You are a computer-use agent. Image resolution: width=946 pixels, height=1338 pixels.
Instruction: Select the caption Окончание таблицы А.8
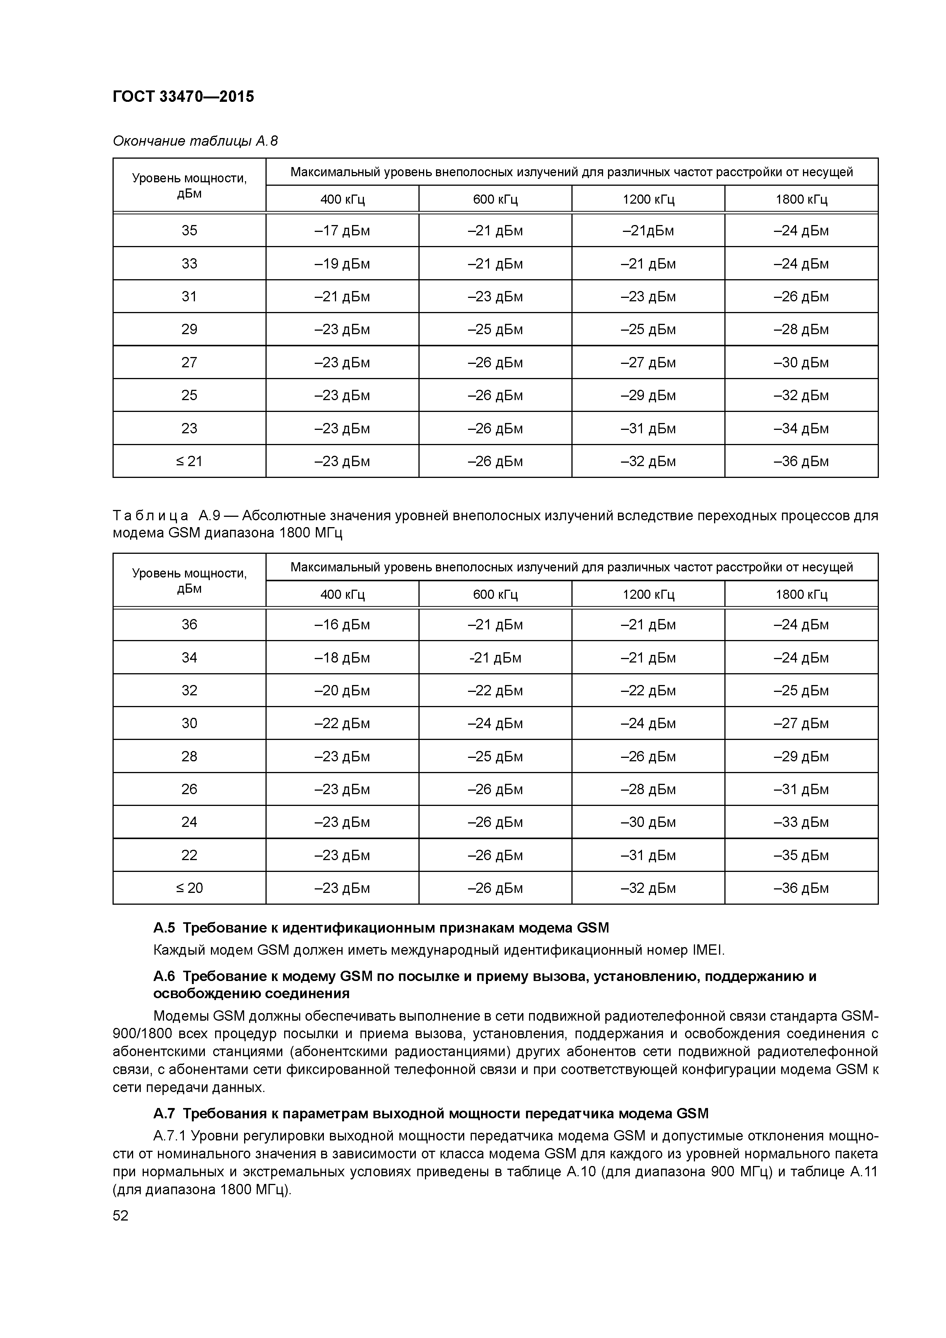click(195, 141)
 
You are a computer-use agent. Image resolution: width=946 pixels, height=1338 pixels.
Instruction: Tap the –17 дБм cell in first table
click(342, 231)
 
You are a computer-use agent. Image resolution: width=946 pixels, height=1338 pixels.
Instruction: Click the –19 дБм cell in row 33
click(342, 264)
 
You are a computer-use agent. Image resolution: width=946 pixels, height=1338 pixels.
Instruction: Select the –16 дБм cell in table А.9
click(342, 625)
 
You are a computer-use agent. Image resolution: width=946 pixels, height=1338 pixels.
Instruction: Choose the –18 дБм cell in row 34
click(342, 658)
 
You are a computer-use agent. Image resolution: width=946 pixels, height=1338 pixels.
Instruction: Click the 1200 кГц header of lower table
click(648, 594)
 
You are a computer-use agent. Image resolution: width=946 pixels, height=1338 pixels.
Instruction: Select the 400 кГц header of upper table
click(342, 199)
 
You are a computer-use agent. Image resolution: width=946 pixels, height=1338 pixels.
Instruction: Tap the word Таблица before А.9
click(150, 516)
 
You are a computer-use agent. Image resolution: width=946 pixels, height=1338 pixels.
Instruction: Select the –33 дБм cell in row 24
click(801, 822)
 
